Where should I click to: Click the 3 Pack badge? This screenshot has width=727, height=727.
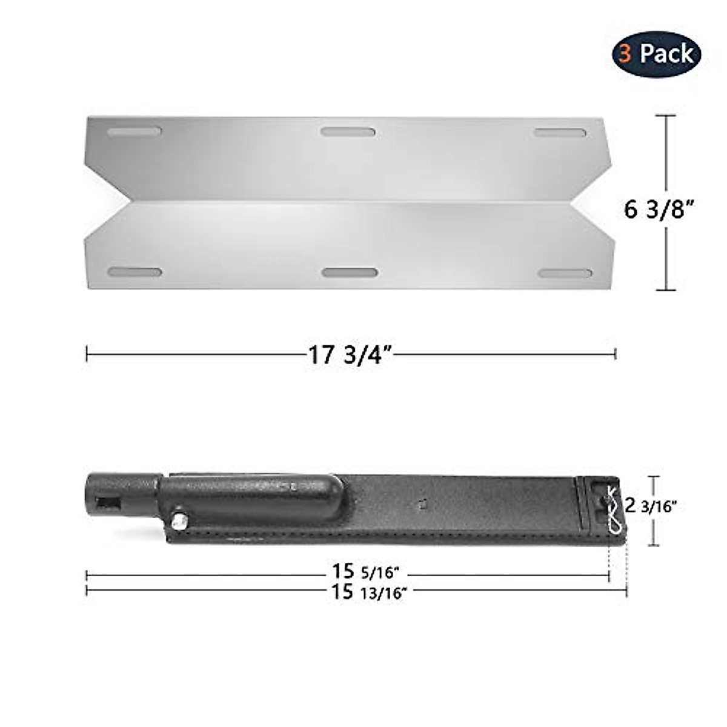(656, 54)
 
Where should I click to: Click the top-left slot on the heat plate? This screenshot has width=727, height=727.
(134, 131)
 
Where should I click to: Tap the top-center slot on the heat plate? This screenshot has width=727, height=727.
(348, 131)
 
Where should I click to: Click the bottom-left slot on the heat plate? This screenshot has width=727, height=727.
(134, 272)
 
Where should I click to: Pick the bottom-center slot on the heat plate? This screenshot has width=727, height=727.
(350, 273)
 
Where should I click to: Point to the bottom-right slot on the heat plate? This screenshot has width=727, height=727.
(565, 273)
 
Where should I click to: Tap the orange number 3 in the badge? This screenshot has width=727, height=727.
(626, 54)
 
